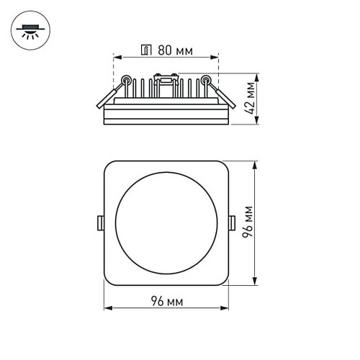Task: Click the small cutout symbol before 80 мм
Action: coord(146,50)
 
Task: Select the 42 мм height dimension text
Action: coord(251,99)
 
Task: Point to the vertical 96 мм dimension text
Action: coord(250,224)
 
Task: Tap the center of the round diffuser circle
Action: coord(166,224)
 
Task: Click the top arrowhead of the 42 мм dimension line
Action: coord(259,76)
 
